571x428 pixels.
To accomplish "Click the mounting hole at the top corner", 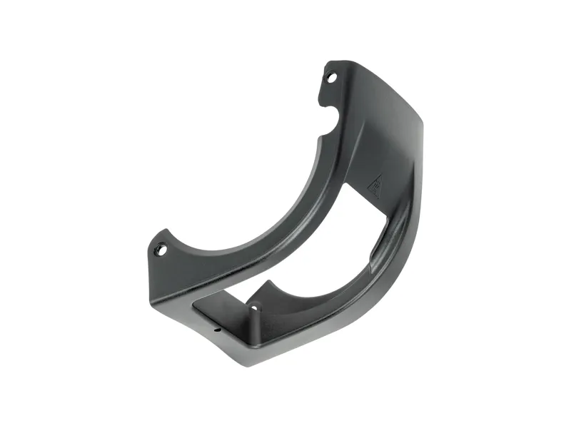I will tap(330, 76).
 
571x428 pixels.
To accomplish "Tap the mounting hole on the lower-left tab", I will tap(161, 250).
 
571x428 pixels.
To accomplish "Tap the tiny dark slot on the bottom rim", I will tap(216, 330).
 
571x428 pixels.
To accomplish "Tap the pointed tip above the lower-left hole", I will tap(166, 230).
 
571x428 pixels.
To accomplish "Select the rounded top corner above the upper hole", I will tap(343, 62).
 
